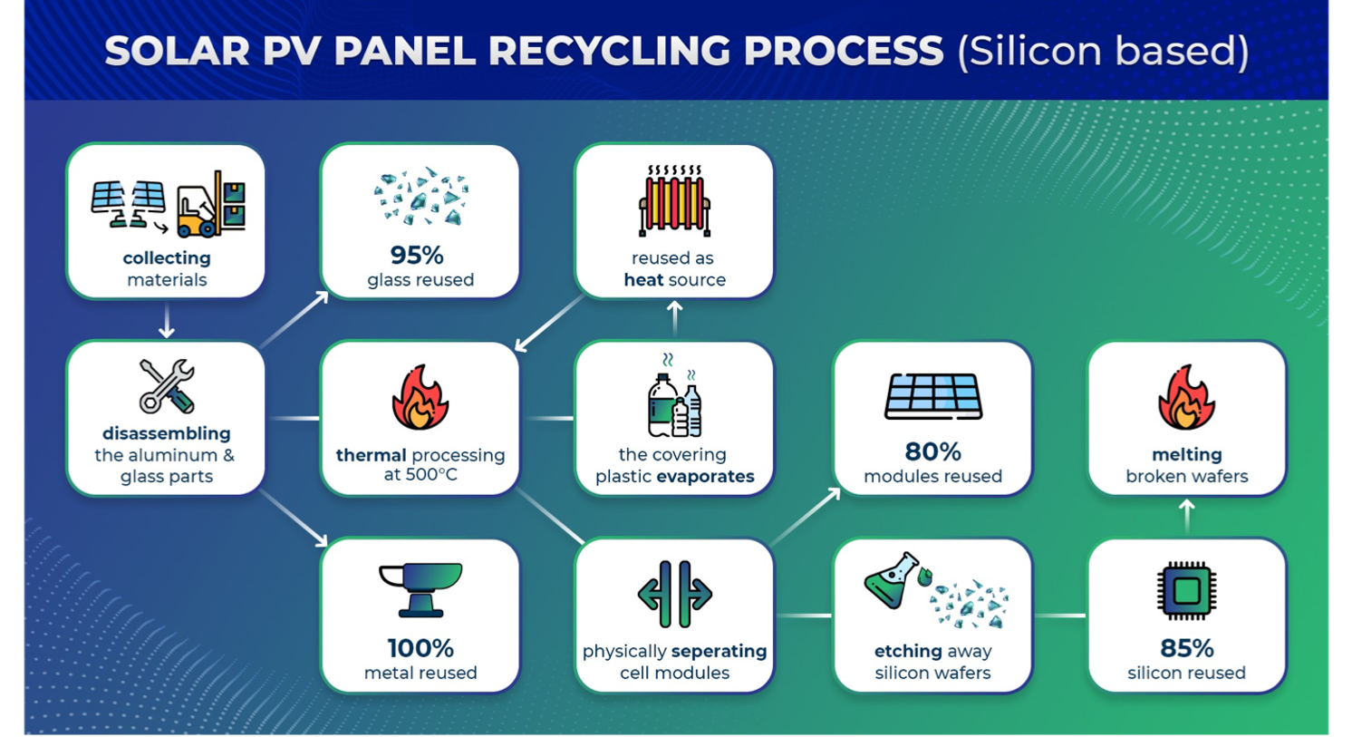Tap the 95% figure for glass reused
417,256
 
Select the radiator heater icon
674,200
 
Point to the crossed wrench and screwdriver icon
167,386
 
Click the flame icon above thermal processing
420,397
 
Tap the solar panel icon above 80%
933,396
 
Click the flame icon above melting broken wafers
1186,397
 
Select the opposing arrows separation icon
675,594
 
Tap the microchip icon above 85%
1186,591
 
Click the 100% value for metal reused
420,649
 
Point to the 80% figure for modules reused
933,451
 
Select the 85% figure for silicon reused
1186,649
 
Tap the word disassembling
167,433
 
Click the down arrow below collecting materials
167,321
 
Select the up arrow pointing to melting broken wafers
1186,516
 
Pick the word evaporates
705,477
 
